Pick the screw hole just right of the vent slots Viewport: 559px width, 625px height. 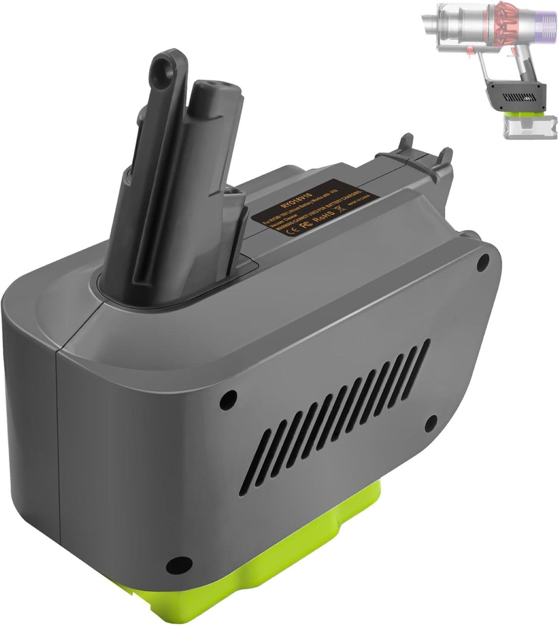click(431, 421)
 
